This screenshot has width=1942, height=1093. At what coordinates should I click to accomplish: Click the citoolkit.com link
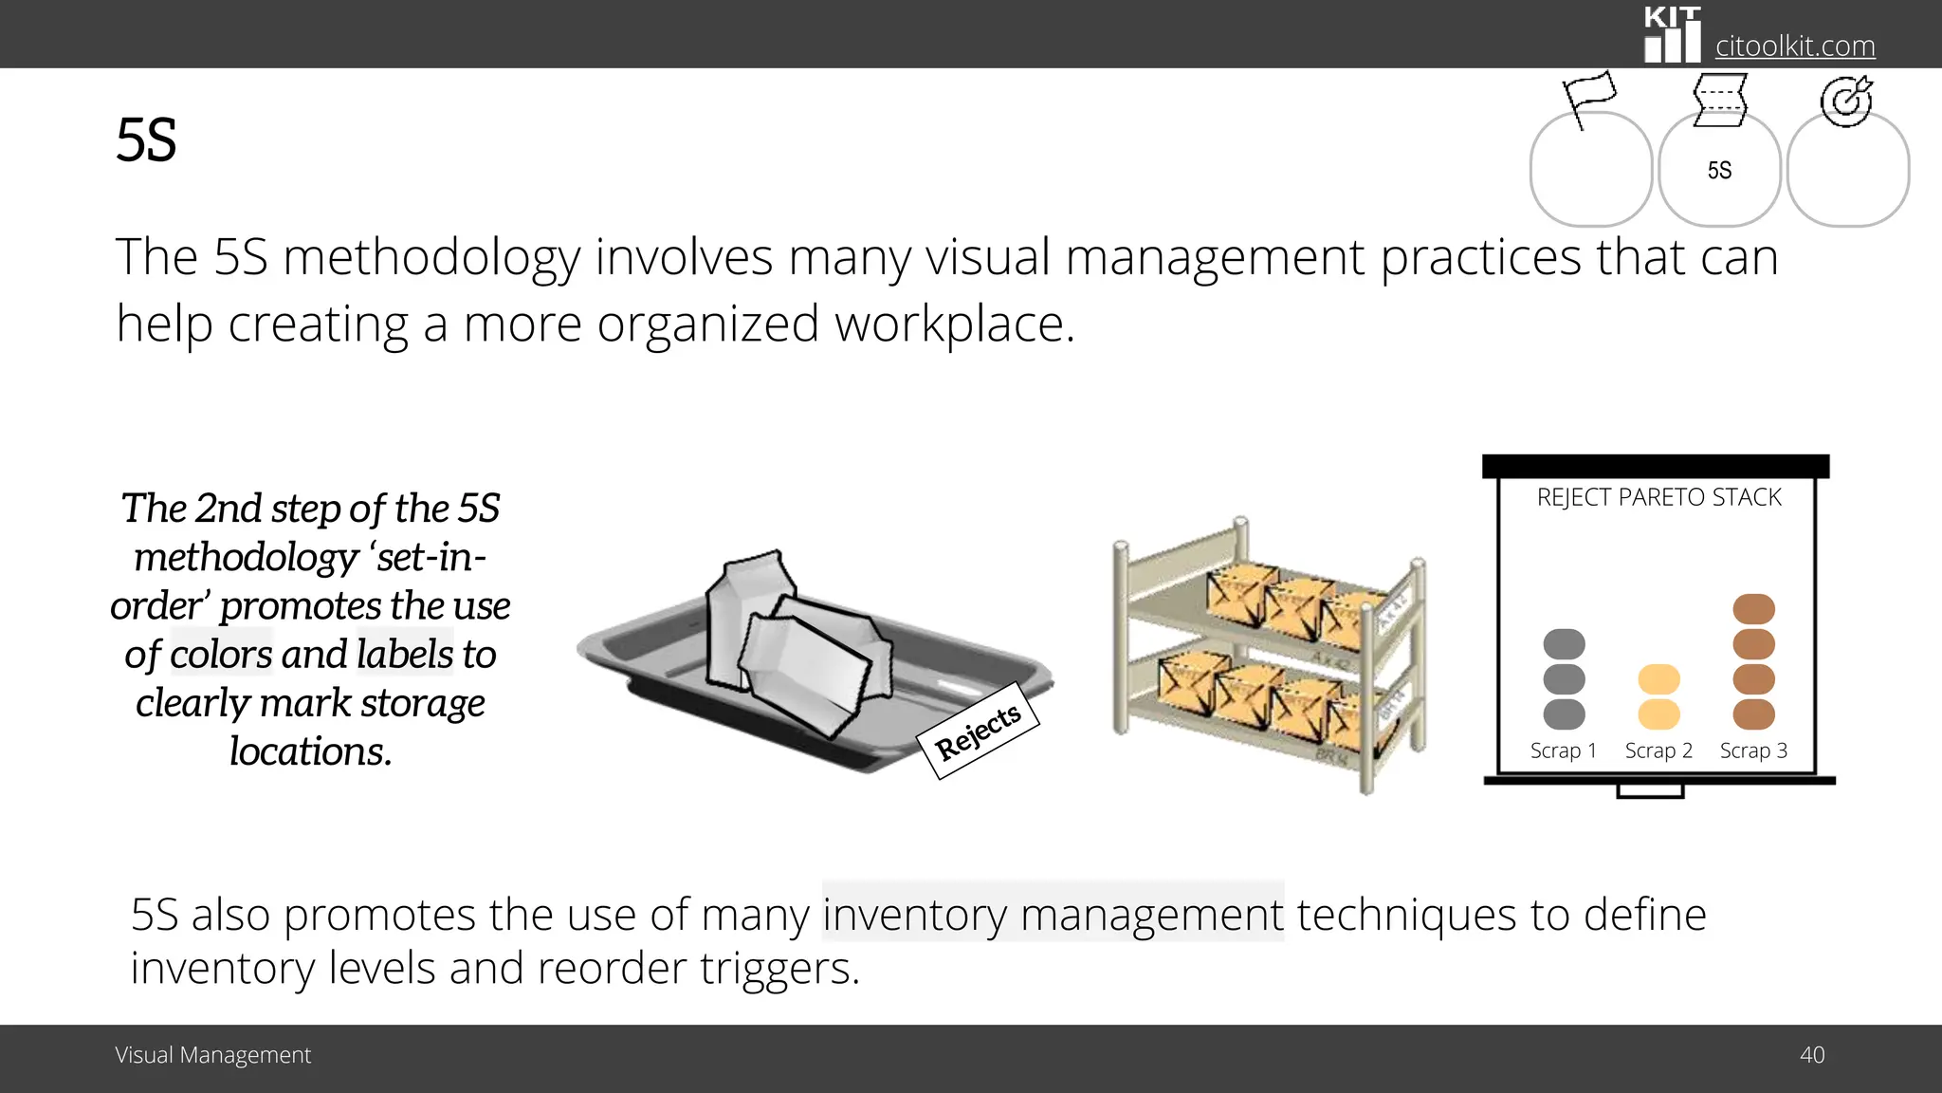click(x=1794, y=46)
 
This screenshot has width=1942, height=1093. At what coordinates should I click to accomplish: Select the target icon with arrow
click(x=1845, y=101)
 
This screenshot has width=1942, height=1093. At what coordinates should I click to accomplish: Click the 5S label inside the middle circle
click(x=1719, y=171)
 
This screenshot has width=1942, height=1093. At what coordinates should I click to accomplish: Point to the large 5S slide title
click(x=146, y=140)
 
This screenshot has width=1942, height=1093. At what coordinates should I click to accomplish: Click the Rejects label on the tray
click(x=978, y=731)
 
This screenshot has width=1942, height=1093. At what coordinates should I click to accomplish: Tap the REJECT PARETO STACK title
click(x=1658, y=497)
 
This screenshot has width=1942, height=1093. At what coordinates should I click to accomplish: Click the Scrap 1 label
click(x=1564, y=750)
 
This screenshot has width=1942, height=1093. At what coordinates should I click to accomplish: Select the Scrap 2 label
click(x=1658, y=750)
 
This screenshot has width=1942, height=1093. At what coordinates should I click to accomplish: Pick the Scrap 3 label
click(x=1753, y=750)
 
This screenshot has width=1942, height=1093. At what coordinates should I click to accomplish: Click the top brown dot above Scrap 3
click(x=1753, y=608)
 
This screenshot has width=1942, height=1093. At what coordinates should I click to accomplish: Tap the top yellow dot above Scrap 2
click(x=1658, y=678)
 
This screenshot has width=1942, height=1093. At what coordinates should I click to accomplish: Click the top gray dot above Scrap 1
click(x=1564, y=643)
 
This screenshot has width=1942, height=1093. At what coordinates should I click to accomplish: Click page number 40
click(x=1811, y=1055)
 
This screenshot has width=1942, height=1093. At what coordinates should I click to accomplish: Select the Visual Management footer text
click(x=212, y=1055)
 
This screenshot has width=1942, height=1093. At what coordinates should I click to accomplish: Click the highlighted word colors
click(x=221, y=654)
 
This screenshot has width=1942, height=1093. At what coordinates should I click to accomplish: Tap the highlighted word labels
click(x=405, y=654)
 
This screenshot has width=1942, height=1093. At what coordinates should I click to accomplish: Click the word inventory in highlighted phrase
click(x=915, y=915)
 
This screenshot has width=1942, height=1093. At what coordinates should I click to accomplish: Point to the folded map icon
click(x=1719, y=99)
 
